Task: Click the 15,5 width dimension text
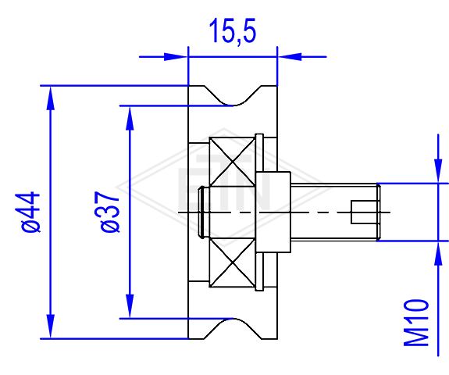point(233,30)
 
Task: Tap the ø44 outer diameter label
point(30,212)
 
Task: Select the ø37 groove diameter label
point(109,212)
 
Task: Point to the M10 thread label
point(416,323)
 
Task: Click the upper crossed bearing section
point(232,162)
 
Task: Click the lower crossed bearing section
point(232,262)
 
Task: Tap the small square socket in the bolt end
point(364,212)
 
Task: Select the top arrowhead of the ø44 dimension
point(51,98)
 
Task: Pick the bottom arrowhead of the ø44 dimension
point(51,327)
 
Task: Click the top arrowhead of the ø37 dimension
point(130,118)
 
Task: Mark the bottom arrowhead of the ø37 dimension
point(130,306)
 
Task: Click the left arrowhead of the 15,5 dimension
point(176,57)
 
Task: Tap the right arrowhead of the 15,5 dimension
point(290,57)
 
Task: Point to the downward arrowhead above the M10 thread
point(438,171)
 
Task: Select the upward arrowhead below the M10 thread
point(438,253)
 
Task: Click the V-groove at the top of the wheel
point(233,95)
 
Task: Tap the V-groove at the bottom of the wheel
point(233,329)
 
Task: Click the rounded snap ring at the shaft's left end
point(202,212)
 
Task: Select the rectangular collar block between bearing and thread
point(273,212)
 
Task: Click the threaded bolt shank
point(336,212)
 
